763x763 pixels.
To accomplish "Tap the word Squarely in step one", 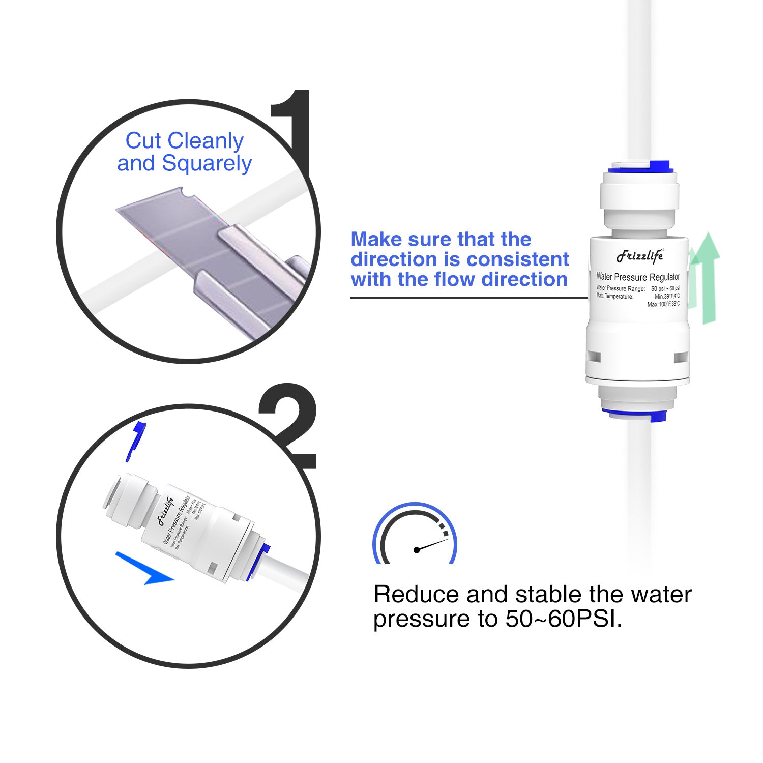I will [207, 164].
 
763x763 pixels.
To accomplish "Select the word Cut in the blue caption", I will [143, 141].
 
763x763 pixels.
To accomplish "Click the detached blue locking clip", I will [135, 440].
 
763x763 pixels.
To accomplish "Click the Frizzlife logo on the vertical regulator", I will [640, 256].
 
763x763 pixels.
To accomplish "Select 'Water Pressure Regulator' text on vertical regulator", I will [638, 277].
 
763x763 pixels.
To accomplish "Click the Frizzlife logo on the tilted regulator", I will [165, 511].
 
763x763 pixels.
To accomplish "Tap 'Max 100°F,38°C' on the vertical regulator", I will [663, 304].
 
